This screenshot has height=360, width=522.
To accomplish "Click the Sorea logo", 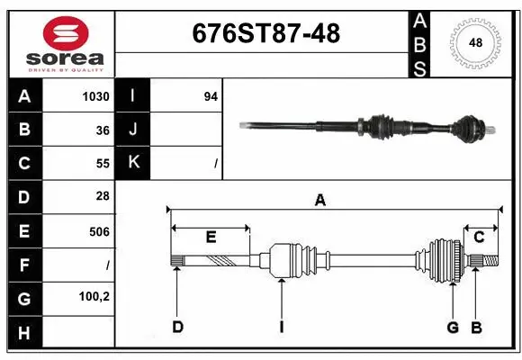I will [x=60, y=43].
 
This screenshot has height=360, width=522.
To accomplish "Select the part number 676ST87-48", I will [x=266, y=33].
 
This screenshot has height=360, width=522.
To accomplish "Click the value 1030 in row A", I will [x=95, y=96].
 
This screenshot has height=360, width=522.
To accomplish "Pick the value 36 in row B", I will [x=102, y=130].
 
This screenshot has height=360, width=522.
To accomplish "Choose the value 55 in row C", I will [x=102, y=164].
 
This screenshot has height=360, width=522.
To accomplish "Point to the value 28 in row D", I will [x=102, y=196].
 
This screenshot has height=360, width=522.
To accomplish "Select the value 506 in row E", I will [x=99, y=231].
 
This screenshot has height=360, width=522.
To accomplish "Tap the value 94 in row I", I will [x=211, y=96].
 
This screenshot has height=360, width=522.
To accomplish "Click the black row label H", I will [x=24, y=333].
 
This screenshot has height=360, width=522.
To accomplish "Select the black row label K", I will [x=133, y=163].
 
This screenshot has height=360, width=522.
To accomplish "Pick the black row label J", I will [x=133, y=130].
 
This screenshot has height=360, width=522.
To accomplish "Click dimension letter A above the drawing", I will [x=319, y=201].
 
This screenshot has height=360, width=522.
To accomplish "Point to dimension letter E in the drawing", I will [x=211, y=238].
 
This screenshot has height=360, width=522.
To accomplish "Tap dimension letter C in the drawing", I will [x=479, y=238].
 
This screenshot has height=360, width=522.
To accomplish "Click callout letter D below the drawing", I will [x=177, y=327].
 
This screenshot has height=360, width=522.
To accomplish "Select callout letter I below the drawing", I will [x=281, y=327].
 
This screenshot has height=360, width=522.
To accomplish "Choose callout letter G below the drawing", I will [x=453, y=327].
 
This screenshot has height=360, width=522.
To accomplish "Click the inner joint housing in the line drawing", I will [x=290, y=261].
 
